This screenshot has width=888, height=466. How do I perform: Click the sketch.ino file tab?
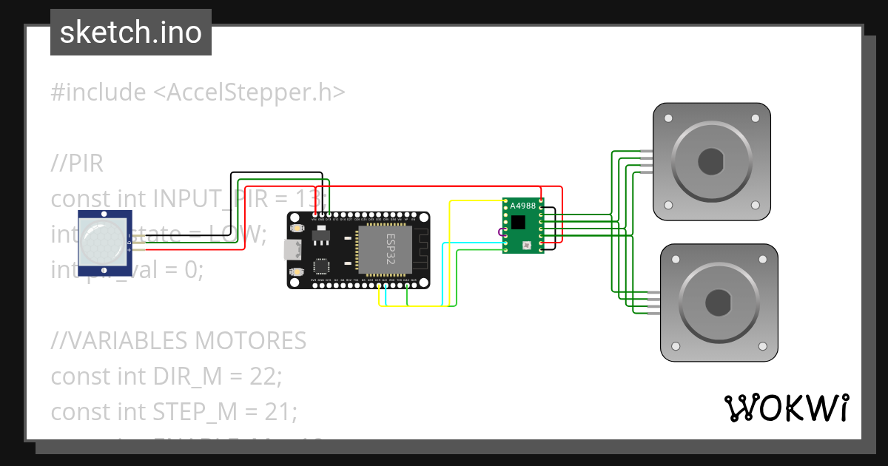point(131,33)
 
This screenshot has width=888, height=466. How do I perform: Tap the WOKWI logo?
point(786,408)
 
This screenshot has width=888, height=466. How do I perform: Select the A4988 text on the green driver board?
point(523,206)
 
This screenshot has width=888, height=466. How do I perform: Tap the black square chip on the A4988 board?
point(519,222)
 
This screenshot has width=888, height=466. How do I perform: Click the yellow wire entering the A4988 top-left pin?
point(477,200)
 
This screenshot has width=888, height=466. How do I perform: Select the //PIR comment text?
point(77,163)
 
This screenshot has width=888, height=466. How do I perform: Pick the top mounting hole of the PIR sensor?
point(104,215)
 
